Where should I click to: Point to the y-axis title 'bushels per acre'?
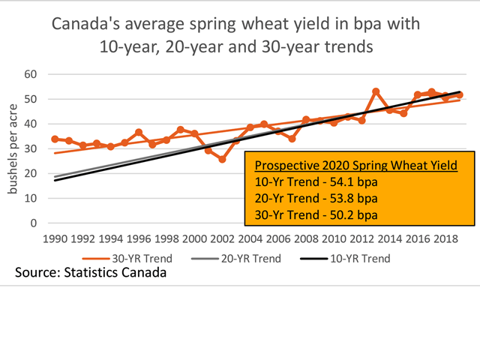click(14, 149)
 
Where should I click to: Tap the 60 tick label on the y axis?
click(31, 74)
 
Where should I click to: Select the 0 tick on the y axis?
click(34, 223)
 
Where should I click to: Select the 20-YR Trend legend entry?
click(248, 258)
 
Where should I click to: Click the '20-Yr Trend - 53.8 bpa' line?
click(316, 199)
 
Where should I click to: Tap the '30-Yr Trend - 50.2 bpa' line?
click(316, 215)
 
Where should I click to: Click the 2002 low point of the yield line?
click(222, 159)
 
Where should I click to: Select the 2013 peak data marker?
click(376, 91)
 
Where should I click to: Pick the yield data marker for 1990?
click(55, 139)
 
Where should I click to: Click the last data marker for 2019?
click(460, 95)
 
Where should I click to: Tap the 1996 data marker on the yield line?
click(139, 133)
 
